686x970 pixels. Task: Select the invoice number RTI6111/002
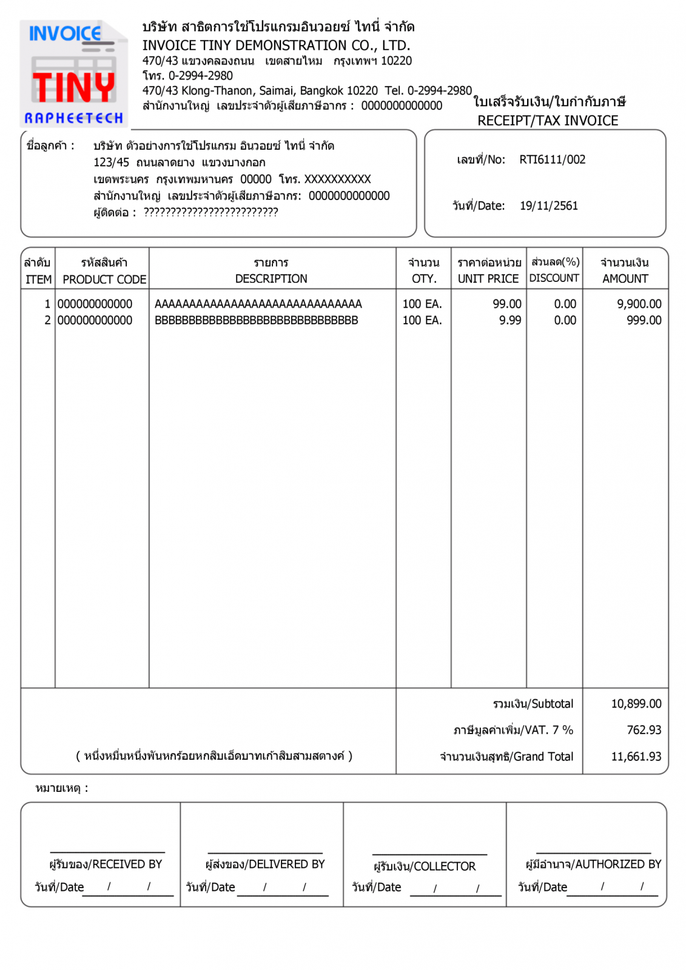click(552, 160)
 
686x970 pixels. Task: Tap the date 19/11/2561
click(548, 206)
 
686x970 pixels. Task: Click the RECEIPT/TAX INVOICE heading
click(547, 121)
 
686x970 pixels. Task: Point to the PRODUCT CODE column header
click(104, 279)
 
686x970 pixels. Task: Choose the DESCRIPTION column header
click(271, 279)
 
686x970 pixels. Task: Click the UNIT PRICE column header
click(488, 279)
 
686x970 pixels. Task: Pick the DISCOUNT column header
click(554, 278)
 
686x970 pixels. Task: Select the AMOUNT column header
click(625, 279)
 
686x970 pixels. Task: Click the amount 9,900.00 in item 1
click(639, 304)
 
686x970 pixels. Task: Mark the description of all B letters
click(256, 320)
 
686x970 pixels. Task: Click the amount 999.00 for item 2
click(644, 320)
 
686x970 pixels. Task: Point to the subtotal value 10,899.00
click(636, 704)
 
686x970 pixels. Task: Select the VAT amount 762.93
click(644, 730)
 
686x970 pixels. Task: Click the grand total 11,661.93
click(636, 757)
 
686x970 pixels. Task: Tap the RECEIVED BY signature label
click(106, 864)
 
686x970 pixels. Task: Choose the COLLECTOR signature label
click(424, 866)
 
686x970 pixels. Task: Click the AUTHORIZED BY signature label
click(593, 864)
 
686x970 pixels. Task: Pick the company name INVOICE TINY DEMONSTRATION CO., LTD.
click(276, 45)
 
